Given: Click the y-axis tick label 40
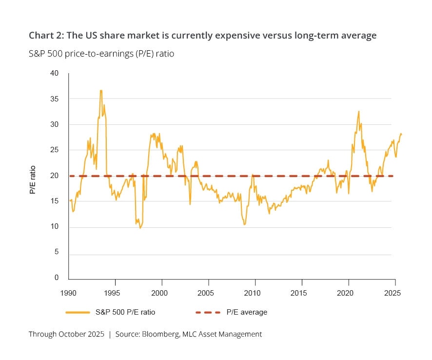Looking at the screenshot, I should tap(54, 73).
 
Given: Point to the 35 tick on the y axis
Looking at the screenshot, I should tap(54, 99).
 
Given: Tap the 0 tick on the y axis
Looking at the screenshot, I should tap(57, 278).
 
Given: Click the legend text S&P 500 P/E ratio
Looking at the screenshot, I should tap(125, 312).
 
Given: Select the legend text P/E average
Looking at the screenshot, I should tap(247, 312).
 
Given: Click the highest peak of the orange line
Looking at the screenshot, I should tap(101, 91).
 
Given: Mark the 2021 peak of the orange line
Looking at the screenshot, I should tap(358, 112).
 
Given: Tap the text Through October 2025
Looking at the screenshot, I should tap(66, 334).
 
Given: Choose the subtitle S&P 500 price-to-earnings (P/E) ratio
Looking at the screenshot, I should tap(101, 54).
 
